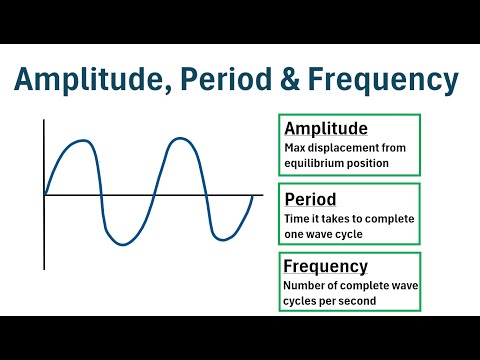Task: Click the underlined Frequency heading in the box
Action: pos(326,267)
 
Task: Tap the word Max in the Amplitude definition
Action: pos(294,148)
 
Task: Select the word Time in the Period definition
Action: pos(296,219)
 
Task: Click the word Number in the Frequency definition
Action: pos(305,286)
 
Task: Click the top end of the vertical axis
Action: pos(44,120)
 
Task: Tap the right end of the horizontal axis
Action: pos(263,194)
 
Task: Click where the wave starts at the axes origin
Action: pos(45,194)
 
